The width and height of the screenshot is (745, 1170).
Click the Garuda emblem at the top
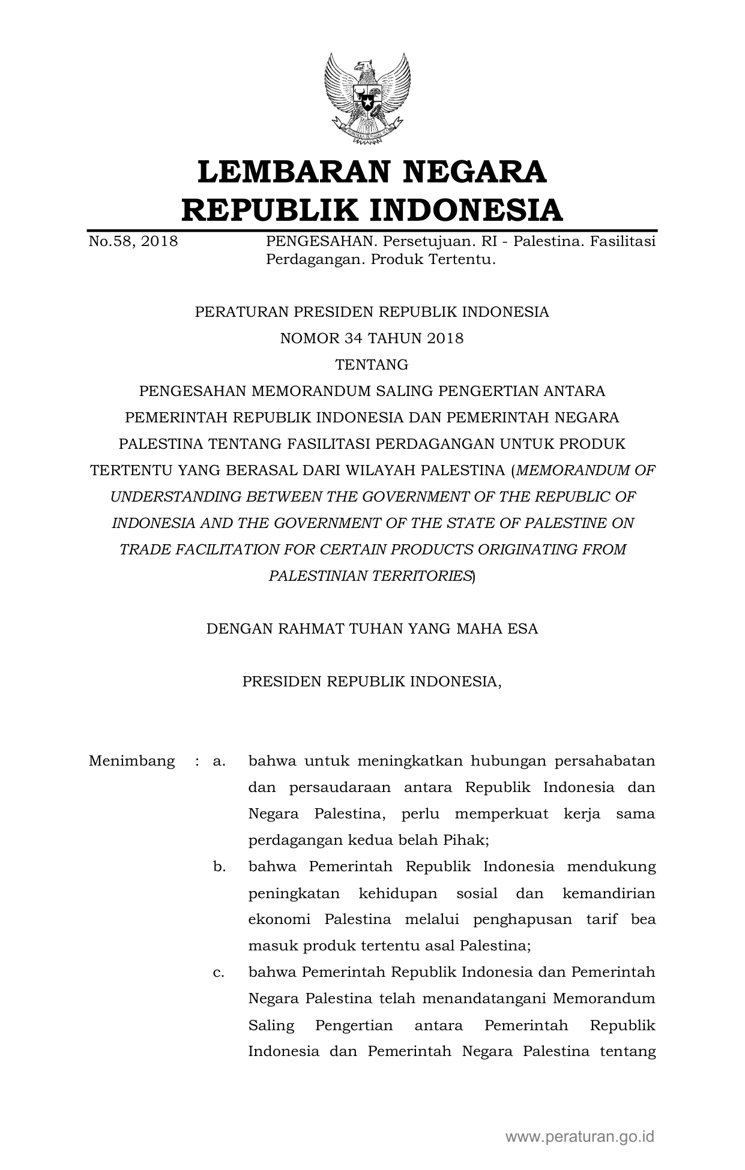pos(367,98)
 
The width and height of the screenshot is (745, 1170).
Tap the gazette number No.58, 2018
pos(133,242)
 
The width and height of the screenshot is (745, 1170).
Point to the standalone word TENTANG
pos(372,365)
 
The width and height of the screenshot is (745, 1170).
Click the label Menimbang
pos(131,761)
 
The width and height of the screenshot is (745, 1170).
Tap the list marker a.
pos(219,761)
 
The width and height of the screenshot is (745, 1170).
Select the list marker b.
pos(219,867)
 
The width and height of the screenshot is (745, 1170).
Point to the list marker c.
pos(219,973)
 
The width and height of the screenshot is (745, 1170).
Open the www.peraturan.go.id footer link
pos(579,1136)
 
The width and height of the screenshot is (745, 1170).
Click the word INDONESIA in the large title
pos(465,210)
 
